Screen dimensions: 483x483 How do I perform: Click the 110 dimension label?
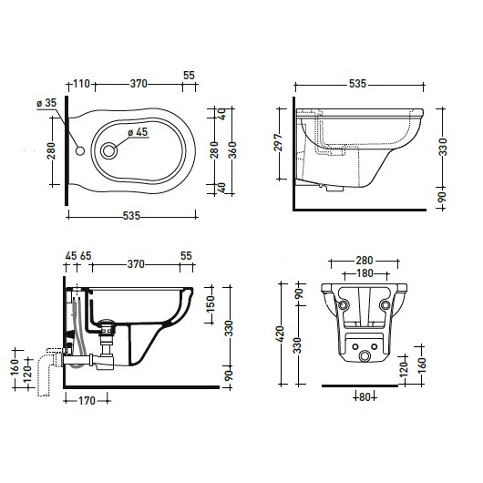[81, 84]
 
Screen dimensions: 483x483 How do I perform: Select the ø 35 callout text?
[46, 103]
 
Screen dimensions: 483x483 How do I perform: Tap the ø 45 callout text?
[138, 132]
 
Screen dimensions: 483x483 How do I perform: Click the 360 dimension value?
[232, 150]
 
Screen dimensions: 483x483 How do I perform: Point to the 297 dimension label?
[279, 142]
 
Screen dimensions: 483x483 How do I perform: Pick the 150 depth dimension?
[211, 304]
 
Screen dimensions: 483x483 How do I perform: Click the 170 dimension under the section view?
[87, 401]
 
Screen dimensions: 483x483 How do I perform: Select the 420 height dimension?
[281, 334]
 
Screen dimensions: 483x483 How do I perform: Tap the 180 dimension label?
[365, 273]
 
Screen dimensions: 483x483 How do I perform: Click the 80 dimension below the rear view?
[365, 397]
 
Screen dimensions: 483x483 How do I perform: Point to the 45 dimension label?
[71, 256]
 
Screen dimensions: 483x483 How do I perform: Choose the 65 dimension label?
[86, 256]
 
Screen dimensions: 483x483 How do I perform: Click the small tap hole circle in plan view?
[80, 151]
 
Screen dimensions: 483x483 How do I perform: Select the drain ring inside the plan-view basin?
[108, 151]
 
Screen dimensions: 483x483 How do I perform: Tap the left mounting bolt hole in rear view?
[343, 305]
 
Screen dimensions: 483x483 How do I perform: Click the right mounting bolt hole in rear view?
[385, 305]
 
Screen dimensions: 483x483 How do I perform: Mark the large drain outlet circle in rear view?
[365, 356]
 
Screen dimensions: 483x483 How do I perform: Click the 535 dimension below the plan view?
[131, 216]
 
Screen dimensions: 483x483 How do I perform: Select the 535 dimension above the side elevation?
[357, 84]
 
